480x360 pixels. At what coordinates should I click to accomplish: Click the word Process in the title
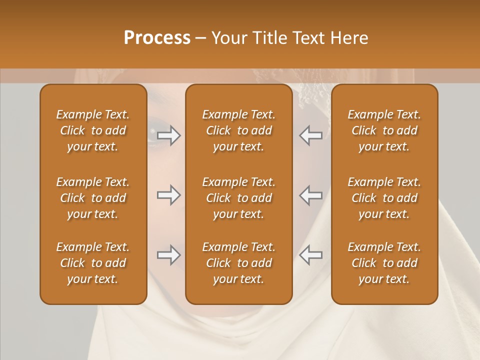coord(157,38)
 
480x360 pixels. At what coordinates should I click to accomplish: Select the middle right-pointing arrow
coord(169,195)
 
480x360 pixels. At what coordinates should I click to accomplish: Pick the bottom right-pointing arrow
coord(169,255)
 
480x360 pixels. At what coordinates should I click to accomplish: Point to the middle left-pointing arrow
coord(310,195)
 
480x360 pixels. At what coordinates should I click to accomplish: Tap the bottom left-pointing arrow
coord(310,255)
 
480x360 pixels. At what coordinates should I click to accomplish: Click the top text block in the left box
coord(93,130)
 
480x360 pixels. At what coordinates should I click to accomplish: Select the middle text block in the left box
coord(93,198)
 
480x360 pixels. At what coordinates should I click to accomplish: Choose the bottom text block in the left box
coord(93,263)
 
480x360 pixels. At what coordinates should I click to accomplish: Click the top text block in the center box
coord(238,130)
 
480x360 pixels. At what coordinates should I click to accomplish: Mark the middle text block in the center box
coord(238,198)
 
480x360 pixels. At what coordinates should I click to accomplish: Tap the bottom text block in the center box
coord(238,263)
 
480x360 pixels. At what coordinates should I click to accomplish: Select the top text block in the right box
coord(384,130)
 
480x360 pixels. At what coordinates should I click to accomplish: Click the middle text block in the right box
coord(384,198)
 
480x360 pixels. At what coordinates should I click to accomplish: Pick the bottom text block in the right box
coord(384,263)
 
